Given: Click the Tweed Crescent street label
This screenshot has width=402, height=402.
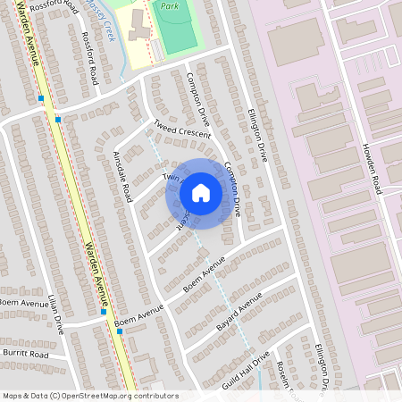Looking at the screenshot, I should tap(181, 129).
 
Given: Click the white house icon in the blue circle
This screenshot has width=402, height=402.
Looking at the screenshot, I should tap(201, 192).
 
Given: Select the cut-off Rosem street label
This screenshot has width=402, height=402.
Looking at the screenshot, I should tap(285, 375).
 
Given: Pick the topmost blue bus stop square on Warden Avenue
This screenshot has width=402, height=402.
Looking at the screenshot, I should tap(42, 98).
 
